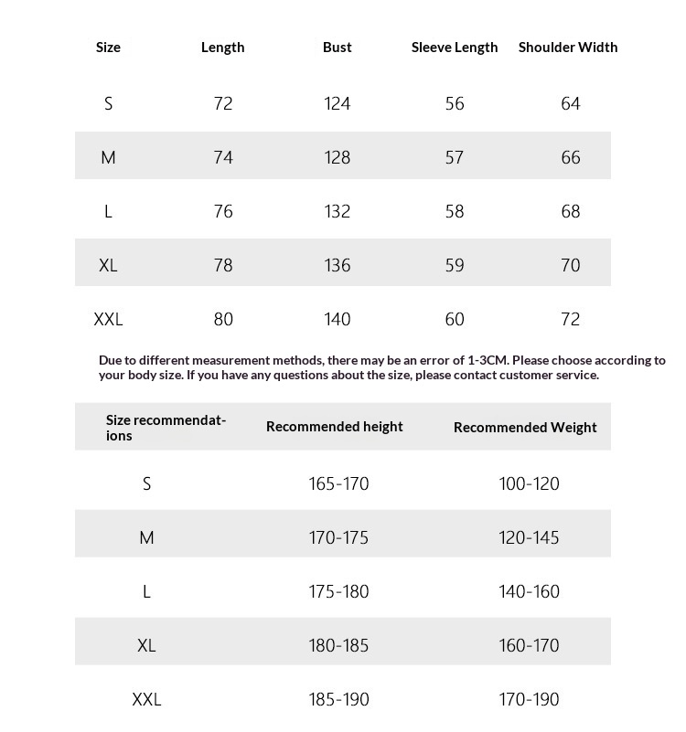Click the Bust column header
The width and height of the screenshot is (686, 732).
pyautogui.click(x=337, y=48)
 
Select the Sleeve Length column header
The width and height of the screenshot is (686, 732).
pyautogui.click(x=455, y=48)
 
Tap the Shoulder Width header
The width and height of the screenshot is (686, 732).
pyautogui.click(x=568, y=48)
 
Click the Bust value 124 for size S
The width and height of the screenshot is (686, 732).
pyautogui.click(x=337, y=104)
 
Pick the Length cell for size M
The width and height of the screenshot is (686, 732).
pyautogui.click(x=223, y=158)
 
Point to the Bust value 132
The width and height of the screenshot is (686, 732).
pyautogui.click(x=337, y=212)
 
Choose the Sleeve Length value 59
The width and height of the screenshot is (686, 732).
pyautogui.click(x=455, y=266)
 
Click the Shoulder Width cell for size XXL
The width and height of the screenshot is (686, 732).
pyautogui.click(x=571, y=320)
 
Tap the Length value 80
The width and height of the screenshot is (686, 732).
pyautogui.click(x=223, y=320)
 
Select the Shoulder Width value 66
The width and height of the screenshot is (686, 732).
pyautogui.click(x=571, y=158)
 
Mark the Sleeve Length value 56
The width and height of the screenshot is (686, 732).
pyautogui.click(x=455, y=104)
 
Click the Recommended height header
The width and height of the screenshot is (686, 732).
pyautogui.click(x=334, y=427)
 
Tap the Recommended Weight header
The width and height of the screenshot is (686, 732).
pyautogui.click(x=525, y=428)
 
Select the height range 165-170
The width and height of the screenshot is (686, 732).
pyautogui.click(x=338, y=484)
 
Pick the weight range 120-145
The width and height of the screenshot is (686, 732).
pyautogui.click(x=529, y=538)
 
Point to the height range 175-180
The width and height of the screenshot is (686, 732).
pyautogui.click(x=338, y=592)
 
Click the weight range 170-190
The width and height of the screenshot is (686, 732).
pyautogui.click(x=529, y=700)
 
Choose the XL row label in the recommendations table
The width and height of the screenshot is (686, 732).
pyautogui.click(x=146, y=646)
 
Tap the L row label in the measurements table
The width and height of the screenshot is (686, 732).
pyautogui.click(x=108, y=212)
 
